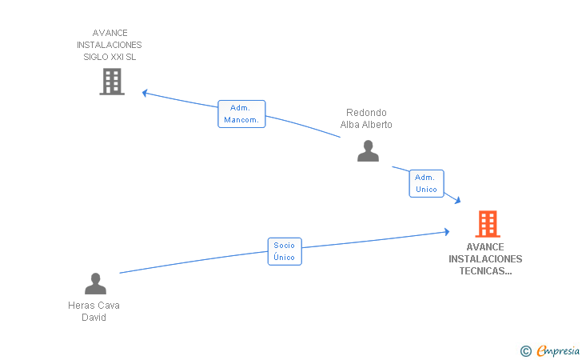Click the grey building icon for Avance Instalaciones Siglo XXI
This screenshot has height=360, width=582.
point(112,82)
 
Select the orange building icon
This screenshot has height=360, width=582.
point(488,224)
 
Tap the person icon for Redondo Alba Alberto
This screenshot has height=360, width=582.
point(368,151)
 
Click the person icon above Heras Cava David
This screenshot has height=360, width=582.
point(95,283)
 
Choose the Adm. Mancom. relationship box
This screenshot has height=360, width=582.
point(241,114)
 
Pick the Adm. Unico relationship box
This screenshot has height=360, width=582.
point(426,183)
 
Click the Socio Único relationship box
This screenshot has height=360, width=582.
point(285,251)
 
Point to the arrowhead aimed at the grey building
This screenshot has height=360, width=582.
point(145,93)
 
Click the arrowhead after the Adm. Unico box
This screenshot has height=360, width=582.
point(458,201)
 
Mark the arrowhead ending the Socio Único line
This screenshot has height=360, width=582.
point(447,232)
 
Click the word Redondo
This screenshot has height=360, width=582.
point(366,113)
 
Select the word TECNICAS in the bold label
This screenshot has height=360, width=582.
point(485,271)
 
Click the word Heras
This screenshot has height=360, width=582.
point(79,306)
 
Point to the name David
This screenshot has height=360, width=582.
point(94,318)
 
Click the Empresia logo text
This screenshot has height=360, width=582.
point(558,350)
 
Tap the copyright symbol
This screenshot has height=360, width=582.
point(526,351)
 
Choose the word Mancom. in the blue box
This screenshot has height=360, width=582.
point(241,120)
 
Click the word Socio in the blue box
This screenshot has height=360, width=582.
point(285,246)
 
